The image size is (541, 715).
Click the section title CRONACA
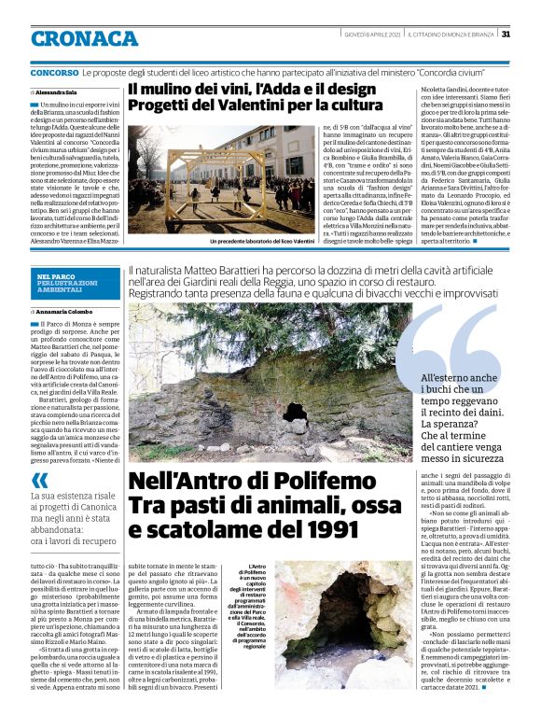pos(85,38)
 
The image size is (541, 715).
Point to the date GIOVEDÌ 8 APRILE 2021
pos(372,35)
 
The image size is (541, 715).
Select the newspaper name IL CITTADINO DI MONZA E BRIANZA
pos(451,35)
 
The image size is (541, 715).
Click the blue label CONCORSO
pos(54,72)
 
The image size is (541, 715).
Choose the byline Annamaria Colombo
pos(62,312)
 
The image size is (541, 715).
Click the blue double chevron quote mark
pos(40,479)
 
